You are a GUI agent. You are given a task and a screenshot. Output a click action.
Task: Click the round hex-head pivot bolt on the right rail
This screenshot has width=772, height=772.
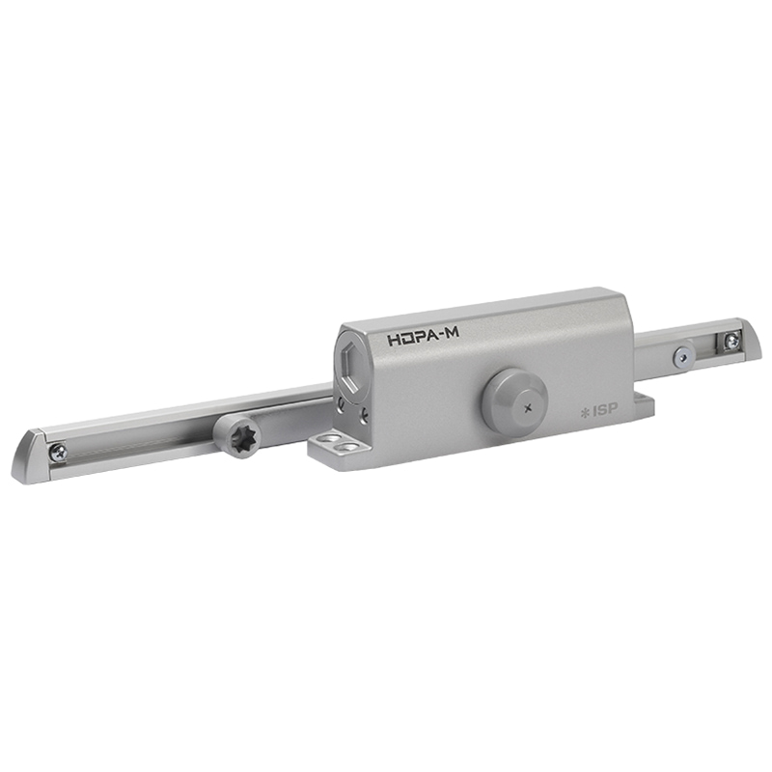point(682,355)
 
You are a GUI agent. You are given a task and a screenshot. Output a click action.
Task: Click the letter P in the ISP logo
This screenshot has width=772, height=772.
point(612,407)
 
